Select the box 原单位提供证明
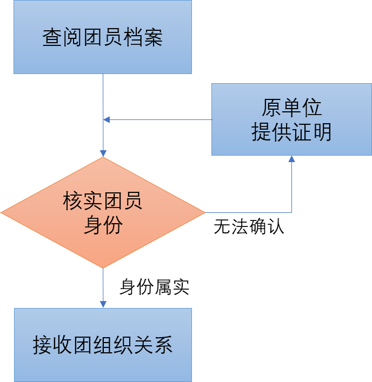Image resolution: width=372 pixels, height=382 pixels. (291, 119)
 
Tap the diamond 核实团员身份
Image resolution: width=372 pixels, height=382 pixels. (103, 212)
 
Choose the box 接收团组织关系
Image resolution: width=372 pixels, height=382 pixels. (103, 345)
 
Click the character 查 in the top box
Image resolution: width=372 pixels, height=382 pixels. (52, 38)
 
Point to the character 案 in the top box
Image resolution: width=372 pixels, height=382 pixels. (153, 38)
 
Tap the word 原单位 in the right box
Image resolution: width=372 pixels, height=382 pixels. (291, 108)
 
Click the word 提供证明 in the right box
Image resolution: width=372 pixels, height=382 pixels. (291, 132)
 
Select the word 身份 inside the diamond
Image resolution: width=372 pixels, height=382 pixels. (103, 225)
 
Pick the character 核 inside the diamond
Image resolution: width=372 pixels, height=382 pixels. (72, 201)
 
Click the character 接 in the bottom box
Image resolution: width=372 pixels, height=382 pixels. (43, 345)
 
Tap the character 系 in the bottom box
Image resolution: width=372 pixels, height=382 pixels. (163, 345)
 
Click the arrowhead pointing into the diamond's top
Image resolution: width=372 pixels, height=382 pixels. (103, 153)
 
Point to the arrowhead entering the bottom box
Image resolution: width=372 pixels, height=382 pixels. (103, 305)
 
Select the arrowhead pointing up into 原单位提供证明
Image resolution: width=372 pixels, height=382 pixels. (291, 159)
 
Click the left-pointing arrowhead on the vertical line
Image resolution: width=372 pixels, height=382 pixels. (107, 119)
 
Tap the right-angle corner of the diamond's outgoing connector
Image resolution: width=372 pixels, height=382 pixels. (291, 212)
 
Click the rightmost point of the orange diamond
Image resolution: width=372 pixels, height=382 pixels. (205, 212)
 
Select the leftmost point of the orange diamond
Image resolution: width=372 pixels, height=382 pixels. (2, 212)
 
